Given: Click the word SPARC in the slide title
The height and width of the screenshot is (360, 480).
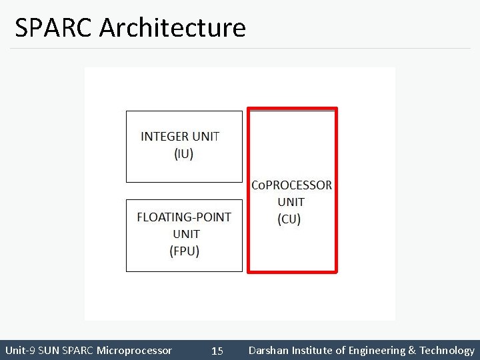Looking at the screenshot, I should (54, 28).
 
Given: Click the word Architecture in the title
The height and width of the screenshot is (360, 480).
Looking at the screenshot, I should (173, 28).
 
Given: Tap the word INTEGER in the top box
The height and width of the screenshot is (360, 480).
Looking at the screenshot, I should (165, 137).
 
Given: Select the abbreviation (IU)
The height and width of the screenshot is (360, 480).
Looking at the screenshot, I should (183, 154).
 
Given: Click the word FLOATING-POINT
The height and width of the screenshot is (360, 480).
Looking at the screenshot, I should (184, 217).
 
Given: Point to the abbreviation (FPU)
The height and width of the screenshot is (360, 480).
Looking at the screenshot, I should (185, 251).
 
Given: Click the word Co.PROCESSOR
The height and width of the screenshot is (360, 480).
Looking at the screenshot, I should (291, 185).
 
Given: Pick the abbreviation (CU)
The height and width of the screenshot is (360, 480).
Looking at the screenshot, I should (289, 219).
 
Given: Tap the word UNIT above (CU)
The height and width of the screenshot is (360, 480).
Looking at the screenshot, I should (291, 202).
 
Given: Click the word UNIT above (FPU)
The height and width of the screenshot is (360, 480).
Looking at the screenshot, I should (186, 234).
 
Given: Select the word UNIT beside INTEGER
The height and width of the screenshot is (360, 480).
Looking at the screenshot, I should (206, 137).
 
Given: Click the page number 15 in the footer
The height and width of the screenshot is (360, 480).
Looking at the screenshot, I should (217, 351).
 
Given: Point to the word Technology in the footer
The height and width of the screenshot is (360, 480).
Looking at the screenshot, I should (446, 351).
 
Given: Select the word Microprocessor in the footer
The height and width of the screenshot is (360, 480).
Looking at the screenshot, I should (134, 351).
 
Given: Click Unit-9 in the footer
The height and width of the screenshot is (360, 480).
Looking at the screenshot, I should (21, 351).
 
